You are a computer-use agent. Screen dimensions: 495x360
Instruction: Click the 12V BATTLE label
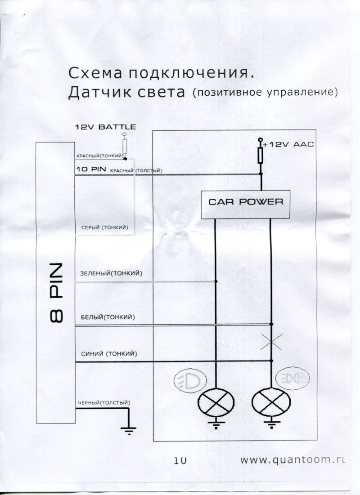104,127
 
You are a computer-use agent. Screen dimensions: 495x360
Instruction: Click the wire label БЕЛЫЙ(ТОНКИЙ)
108,317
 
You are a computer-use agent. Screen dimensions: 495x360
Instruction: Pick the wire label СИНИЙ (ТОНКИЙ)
108,353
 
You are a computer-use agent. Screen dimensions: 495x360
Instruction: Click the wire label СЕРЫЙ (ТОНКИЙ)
104,228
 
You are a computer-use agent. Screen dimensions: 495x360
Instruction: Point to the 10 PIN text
91,170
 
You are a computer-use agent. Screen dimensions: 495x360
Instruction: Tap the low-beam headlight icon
189,380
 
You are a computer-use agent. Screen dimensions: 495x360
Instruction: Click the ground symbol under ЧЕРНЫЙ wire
129,429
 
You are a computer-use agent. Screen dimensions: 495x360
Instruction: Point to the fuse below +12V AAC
260,156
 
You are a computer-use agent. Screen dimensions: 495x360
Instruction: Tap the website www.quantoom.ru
292,459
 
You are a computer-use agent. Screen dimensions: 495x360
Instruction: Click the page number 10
180,460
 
